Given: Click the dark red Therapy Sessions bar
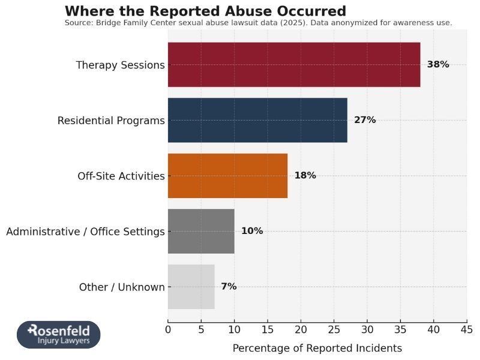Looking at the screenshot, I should [x=294, y=65].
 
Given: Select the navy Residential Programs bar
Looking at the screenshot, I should [x=257, y=120].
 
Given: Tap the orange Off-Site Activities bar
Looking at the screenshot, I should [x=227, y=176].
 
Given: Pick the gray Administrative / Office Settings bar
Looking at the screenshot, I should [x=201, y=231].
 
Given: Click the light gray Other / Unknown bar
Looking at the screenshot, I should [x=191, y=287].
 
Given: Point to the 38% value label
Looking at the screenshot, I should [x=437, y=65].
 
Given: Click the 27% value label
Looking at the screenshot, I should [x=365, y=120].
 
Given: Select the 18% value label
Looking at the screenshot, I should [x=305, y=176].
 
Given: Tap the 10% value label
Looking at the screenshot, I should [x=252, y=231].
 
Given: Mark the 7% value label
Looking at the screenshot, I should [x=229, y=287].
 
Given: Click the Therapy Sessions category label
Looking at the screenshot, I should [x=120, y=65].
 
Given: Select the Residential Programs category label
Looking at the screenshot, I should [x=111, y=121].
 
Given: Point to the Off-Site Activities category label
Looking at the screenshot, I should [x=121, y=176].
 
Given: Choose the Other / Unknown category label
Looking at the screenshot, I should [x=122, y=287].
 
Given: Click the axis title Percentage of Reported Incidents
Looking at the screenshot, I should [x=317, y=348].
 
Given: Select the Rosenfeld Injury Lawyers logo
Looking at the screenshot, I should [x=59, y=335].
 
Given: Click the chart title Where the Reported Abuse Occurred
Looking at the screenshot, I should [x=205, y=11].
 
